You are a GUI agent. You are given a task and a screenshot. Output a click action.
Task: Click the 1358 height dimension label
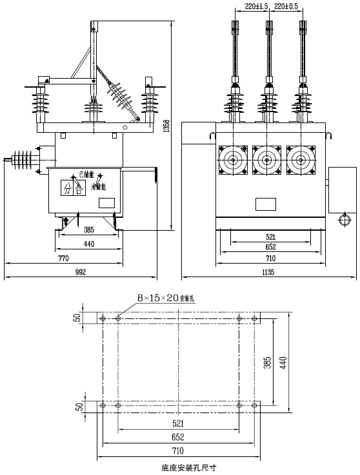(166, 126)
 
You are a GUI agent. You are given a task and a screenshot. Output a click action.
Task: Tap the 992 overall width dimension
(81, 273)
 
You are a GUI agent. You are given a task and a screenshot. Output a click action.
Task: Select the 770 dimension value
(63, 258)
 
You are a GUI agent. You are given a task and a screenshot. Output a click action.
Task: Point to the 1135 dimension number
(268, 273)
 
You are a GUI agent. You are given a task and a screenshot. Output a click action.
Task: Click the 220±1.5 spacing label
(256, 6)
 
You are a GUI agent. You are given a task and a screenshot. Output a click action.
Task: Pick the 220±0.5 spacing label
(286, 6)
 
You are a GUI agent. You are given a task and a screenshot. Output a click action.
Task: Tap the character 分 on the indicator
(68, 188)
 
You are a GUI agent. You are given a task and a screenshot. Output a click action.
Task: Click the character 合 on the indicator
(79, 188)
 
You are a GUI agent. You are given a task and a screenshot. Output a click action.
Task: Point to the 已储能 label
(86, 174)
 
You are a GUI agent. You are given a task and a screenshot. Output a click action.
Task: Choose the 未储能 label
(99, 188)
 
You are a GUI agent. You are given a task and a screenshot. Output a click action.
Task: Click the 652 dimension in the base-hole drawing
(178, 436)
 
